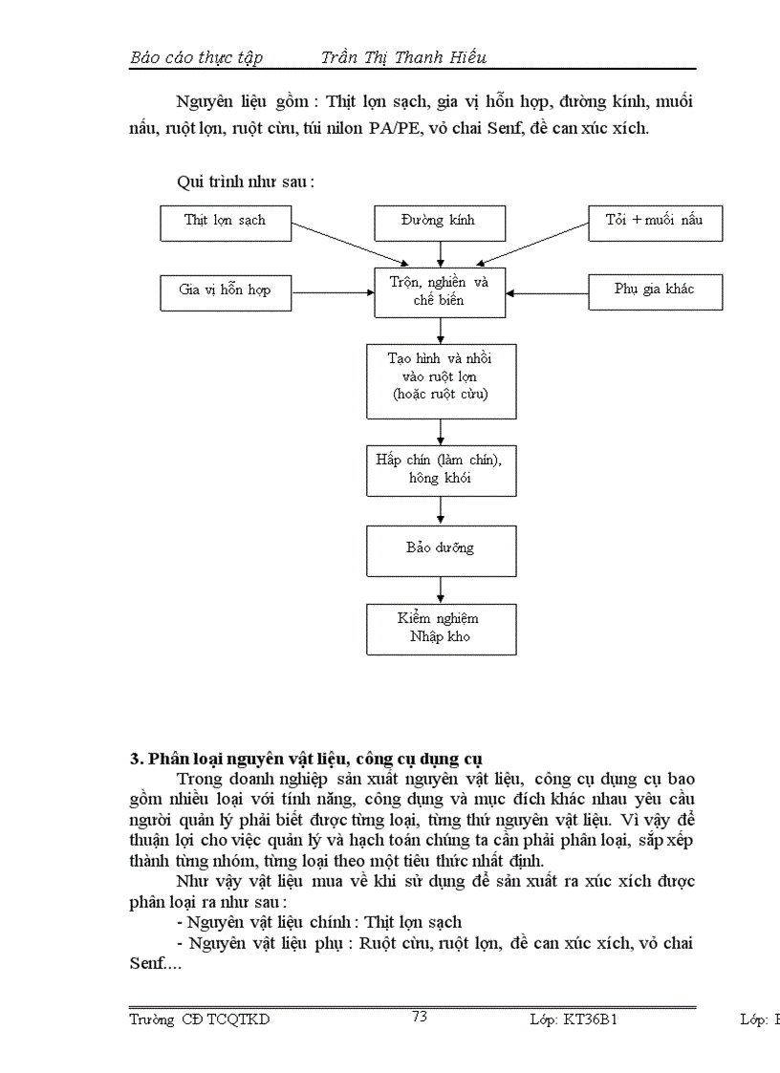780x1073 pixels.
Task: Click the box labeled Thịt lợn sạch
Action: [x=225, y=222]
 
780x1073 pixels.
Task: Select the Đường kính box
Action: [x=438, y=222]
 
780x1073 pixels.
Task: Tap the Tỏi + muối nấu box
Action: [x=655, y=222]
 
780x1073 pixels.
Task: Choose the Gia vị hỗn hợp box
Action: [x=225, y=290]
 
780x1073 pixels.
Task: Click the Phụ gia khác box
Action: [x=655, y=290]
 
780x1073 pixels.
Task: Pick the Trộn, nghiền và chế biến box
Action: [x=440, y=290]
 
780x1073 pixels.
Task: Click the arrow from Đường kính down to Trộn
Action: [x=441, y=252]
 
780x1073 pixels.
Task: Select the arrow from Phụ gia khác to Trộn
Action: [x=546, y=290]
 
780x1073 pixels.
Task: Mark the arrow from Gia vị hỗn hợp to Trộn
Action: [x=334, y=290]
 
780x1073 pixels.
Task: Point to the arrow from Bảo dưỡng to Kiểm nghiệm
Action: [x=441, y=589]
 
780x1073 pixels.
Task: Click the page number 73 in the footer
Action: [x=419, y=1017]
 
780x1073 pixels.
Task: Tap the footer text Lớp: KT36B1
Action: [x=574, y=1019]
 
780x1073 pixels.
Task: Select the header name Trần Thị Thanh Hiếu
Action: [x=403, y=57]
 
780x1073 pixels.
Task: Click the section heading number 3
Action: [x=135, y=760]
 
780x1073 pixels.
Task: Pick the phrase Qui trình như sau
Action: [x=246, y=182]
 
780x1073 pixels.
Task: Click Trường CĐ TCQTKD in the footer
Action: [x=200, y=1019]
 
